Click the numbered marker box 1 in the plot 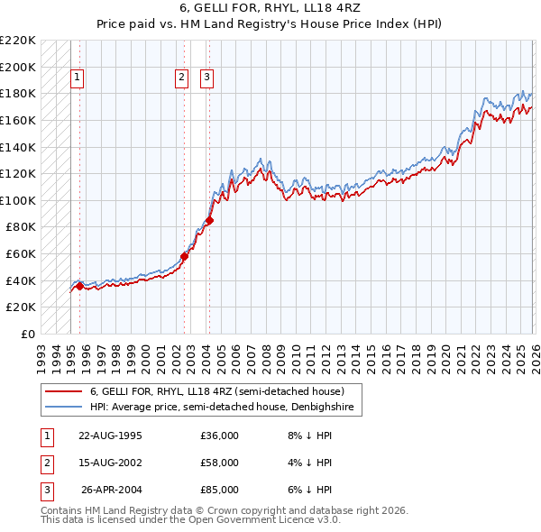[x=78, y=78]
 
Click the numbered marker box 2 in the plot [x=182, y=78]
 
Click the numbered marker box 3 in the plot [x=207, y=78]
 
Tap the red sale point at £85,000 [x=209, y=220]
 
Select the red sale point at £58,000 [x=184, y=256]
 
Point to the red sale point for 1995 [x=79, y=286]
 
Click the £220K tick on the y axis [x=18, y=41]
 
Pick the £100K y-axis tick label [x=18, y=200]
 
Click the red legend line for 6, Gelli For [x=64, y=392]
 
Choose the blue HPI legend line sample [x=64, y=408]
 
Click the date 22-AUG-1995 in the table [x=110, y=436]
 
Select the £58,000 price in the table [x=219, y=463]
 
